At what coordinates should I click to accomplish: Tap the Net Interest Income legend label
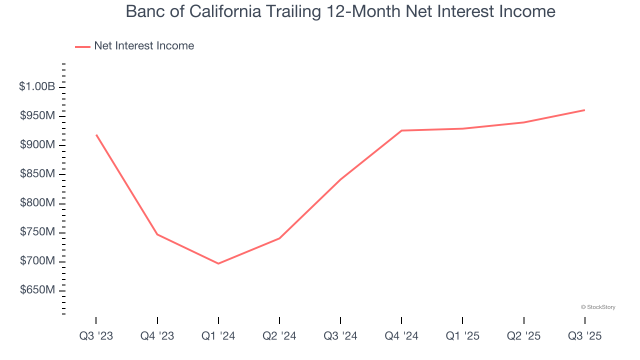[x=144, y=46]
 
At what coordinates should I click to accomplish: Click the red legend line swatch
[x=82, y=46]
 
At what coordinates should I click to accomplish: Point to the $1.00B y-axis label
[x=37, y=86]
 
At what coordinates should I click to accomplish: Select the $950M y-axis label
[x=37, y=116]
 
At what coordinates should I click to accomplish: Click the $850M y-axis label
[x=37, y=174]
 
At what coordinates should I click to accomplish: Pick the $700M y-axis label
[x=37, y=261]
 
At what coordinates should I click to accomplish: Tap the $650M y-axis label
[x=37, y=290]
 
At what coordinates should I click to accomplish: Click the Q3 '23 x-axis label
[x=96, y=336]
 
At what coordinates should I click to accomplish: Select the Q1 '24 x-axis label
[x=218, y=336]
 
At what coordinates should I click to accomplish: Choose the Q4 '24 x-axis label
[x=401, y=336]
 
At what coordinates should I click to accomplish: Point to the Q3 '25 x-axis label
[x=585, y=336]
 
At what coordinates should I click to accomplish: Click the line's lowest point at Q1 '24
[x=218, y=263]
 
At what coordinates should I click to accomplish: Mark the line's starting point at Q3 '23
[x=96, y=134]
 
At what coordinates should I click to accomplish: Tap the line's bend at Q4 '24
[x=401, y=130]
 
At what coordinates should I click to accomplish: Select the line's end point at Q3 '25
[x=585, y=110]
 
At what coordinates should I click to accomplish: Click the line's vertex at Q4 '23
[x=157, y=234]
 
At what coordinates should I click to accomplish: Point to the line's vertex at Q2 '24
[x=279, y=238]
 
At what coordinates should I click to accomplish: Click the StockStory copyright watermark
[x=598, y=307]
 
